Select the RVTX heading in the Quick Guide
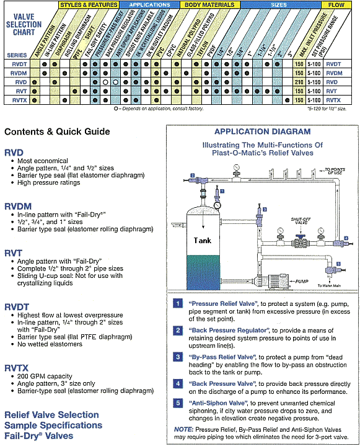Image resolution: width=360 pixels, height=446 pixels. coord(19,367)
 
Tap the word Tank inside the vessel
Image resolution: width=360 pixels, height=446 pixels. coord(203,240)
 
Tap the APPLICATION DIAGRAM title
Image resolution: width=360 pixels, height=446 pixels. coord(262,132)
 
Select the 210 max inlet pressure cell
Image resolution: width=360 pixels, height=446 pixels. coord(299,81)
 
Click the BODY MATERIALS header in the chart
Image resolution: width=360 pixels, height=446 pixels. coord(208,4)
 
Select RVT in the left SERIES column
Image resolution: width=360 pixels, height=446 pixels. coord(17,90)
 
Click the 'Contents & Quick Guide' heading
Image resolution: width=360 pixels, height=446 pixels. coord(57,132)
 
